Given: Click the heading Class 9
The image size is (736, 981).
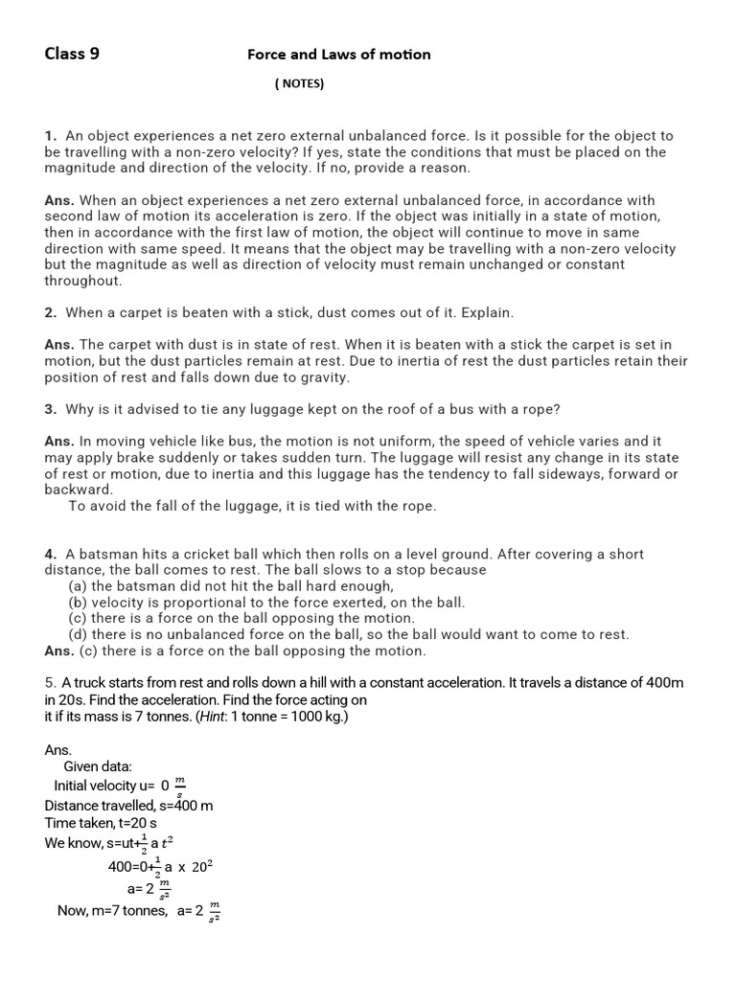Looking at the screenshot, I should coord(72,55).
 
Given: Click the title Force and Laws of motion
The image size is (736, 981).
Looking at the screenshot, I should coord(338,55).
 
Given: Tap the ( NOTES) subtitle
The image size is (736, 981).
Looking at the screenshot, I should coord(300,84).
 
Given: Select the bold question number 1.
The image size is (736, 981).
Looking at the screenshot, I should coord(50,136).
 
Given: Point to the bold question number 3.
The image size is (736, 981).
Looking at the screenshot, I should coord(50,409).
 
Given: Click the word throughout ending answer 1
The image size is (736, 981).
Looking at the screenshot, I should coord(82,281).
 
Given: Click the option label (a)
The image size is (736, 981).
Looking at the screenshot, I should coord(78,586).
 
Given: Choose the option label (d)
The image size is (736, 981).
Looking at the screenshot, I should coord(78,634).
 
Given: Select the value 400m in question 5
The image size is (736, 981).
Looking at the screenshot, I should coord(664,683).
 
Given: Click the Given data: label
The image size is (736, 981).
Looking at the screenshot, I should coord(98,767).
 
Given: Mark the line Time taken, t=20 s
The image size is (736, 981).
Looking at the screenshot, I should coord(101,823).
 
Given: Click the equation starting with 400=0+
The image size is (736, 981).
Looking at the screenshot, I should coord(160,867).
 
